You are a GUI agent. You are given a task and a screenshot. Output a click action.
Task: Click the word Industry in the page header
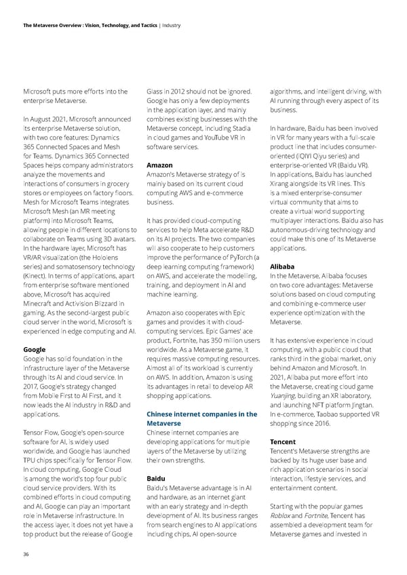172,25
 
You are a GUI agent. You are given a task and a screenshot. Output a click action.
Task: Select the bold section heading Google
35,350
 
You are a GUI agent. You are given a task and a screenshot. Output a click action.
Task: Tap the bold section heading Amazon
159,165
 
